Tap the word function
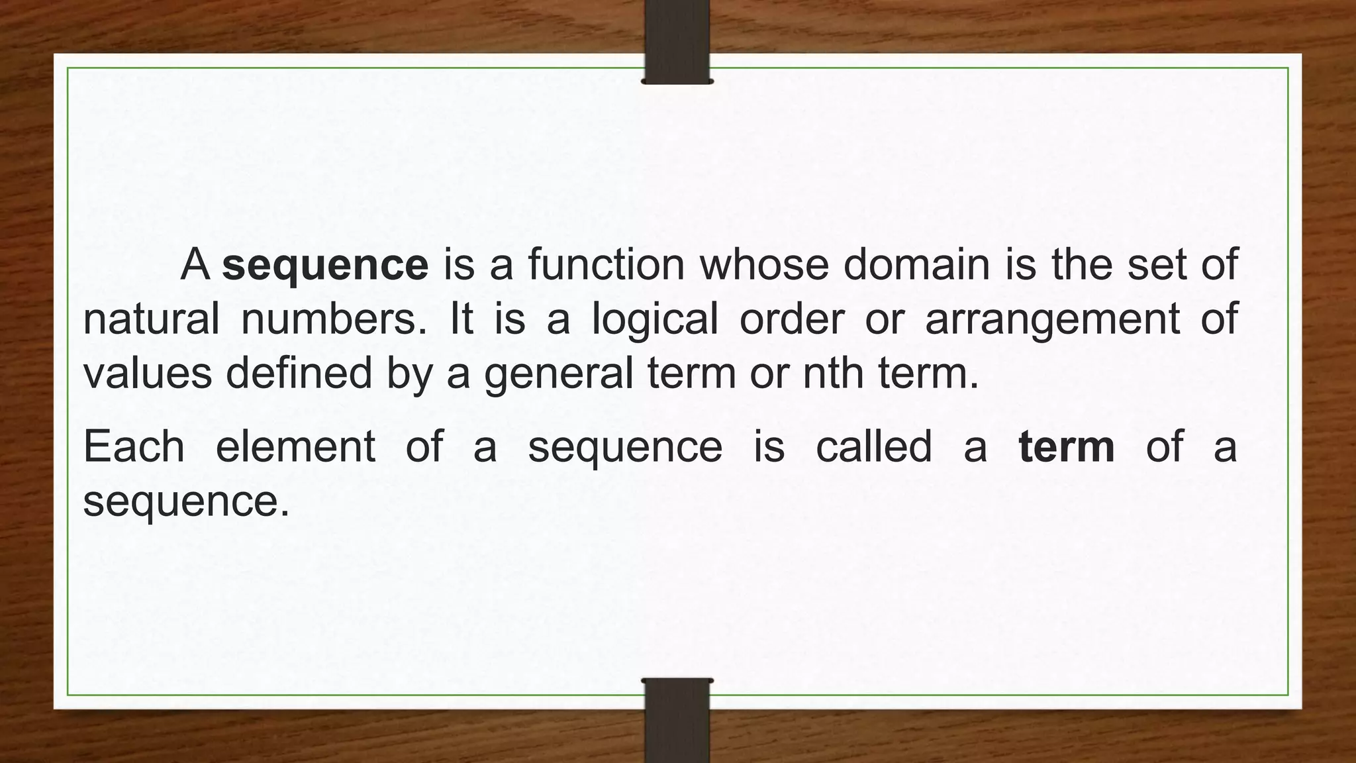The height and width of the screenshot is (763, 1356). pos(606,264)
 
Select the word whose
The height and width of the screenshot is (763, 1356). pos(765,264)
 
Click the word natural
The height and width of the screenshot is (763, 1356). pos(151,319)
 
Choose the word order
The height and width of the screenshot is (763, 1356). pos(791,319)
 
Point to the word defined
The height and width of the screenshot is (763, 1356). pos(299,372)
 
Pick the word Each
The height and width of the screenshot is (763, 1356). pos(134,446)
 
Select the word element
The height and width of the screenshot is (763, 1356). pos(295,446)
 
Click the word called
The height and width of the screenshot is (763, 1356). pos(873,446)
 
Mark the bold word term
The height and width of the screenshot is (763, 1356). pos(1066,446)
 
